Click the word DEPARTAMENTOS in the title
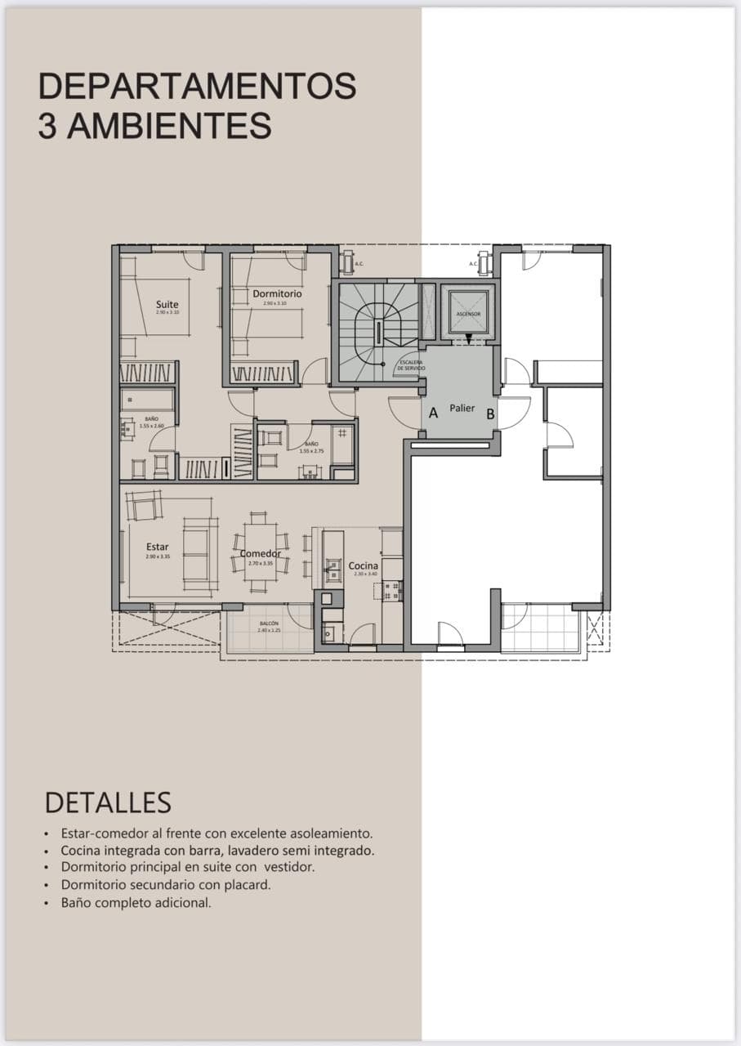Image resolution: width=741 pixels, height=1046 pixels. coord(197,87)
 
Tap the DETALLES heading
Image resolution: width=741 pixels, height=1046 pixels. coord(108,802)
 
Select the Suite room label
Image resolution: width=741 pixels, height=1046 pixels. coord(167,305)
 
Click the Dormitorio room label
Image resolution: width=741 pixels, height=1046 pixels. coord(277,293)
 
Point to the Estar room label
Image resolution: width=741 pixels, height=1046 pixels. coord(158,547)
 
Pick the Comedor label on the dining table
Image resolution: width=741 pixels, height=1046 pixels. coord(260,553)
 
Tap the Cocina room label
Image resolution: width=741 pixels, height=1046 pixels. coord(364,565)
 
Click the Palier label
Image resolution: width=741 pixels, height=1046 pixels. coord(462,408)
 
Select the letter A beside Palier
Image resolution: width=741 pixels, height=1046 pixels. coord(433,413)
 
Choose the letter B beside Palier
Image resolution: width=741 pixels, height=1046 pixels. coord(490,413)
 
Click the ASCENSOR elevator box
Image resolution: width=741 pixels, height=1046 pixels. coord(468,312)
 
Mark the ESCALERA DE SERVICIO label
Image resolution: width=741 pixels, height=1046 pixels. coord(411,365)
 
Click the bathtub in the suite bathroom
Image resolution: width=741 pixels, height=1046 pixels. coord(148,400)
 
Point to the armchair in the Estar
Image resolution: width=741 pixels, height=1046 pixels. coord(145,507)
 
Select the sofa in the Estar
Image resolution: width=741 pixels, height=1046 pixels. coord(199,553)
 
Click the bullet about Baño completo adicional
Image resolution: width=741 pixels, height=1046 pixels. coord(136,903)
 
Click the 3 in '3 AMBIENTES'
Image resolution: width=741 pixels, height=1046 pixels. coord(47,127)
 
